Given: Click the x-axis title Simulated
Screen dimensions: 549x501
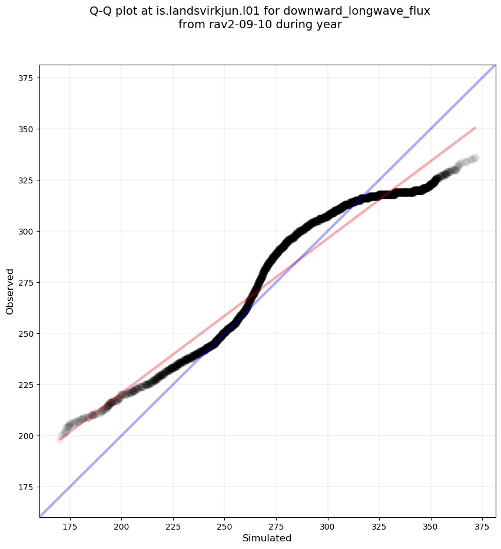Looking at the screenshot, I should point(267,538).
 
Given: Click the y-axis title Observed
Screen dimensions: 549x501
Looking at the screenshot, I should point(10,291).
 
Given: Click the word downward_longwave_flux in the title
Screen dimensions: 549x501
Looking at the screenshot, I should point(357,11).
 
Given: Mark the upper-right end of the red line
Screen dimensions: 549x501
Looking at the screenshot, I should point(475,128).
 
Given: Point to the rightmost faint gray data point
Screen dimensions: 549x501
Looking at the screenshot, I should point(474,158).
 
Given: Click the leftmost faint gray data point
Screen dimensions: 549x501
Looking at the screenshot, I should point(60,439).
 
